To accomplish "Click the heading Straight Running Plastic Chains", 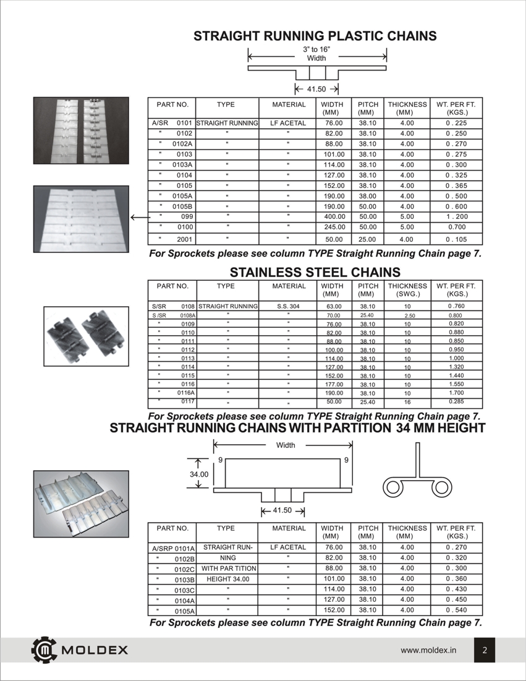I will click(315, 36).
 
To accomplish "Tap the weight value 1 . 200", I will click(457, 217).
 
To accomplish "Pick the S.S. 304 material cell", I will click(288, 306).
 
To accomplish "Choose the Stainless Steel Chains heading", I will click(315, 272).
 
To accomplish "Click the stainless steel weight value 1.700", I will click(457, 392).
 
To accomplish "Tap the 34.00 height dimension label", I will click(198, 474).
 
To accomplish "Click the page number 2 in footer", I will click(485, 650).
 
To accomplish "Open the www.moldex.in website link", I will click(428, 650).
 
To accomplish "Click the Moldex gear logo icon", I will click(43, 649).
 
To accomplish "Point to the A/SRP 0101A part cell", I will click(173, 548).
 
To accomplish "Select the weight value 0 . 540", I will click(457, 610).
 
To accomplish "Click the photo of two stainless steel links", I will click(85, 338).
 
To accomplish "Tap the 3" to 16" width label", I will click(316, 53).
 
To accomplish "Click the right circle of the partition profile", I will click(443, 487).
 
